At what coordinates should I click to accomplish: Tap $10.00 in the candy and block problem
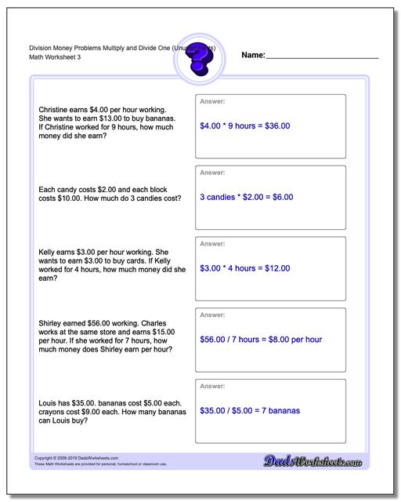pos(69,199)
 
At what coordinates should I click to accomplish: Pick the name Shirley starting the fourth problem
pos(53,323)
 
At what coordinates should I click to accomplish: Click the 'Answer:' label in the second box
pos(212,172)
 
